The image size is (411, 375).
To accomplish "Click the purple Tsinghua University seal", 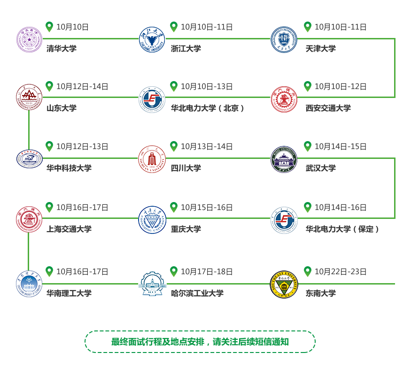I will pos(30,40).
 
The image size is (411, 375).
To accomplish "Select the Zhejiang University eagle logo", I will pos(152,40).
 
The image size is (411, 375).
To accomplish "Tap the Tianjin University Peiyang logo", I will pos(284,40).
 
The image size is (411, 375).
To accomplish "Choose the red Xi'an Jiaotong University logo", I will pos(284,99).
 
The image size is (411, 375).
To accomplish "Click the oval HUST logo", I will pos(30,158).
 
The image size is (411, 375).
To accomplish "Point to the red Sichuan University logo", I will pos(152,158).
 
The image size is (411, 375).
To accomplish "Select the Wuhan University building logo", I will pos(284,159).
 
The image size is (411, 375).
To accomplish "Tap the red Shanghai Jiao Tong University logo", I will pos(29,219).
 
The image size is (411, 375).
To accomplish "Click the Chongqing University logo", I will pos(152,219).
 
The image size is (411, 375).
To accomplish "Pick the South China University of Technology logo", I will pos(29,283).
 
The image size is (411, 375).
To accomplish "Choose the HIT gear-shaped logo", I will pos(152,283).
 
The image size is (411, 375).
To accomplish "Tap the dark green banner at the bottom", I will pos(200,341).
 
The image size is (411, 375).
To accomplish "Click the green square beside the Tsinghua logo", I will pos(49,27).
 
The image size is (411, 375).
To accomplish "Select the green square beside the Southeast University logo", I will pos(308,271).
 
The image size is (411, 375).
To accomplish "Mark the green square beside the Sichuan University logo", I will pos(174,146).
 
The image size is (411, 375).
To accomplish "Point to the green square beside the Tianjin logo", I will pos(308,27).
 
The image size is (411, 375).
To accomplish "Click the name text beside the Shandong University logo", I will pos(62,108).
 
